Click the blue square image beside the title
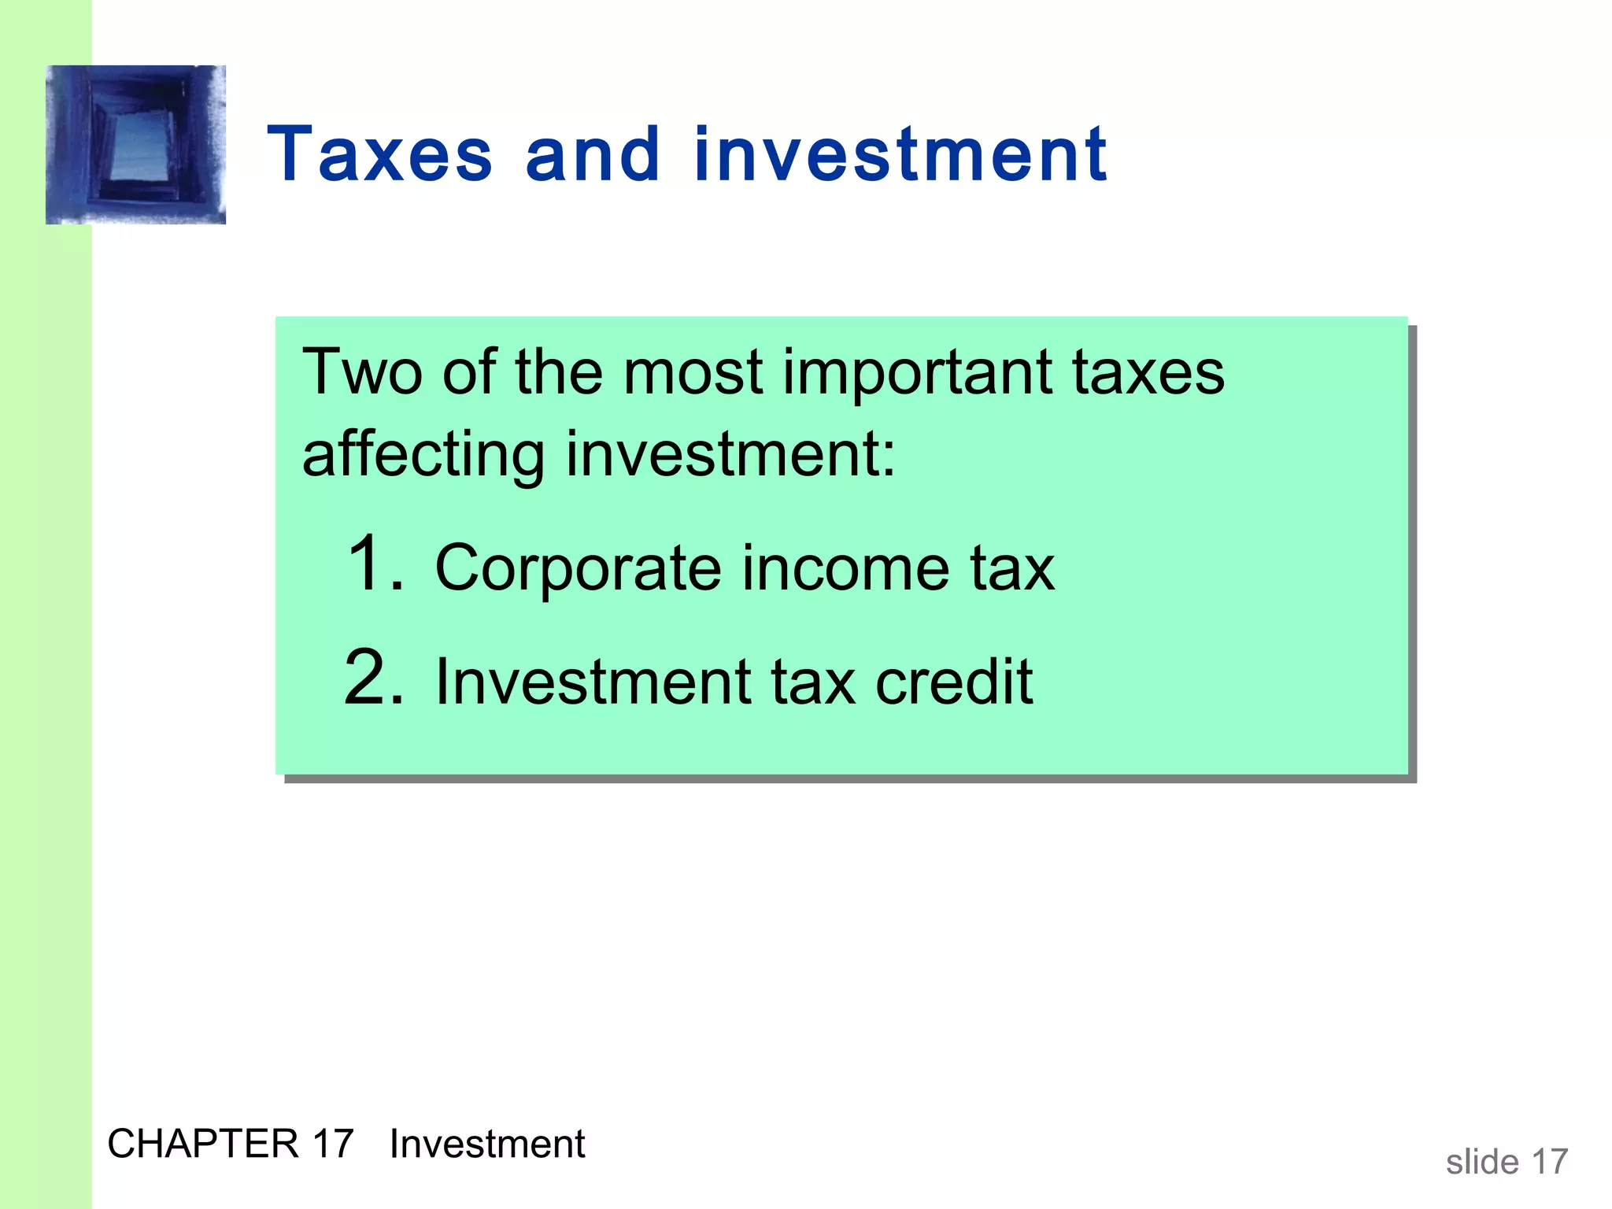(x=136, y=145)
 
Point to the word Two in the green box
(x=362, y=372)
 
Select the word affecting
(x=423, y=455)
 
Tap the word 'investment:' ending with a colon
(x=730, y=455)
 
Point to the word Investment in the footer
(x=487, y=1144)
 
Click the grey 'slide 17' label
(x=1507, y=1162)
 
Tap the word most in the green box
(x=693, y=372)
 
